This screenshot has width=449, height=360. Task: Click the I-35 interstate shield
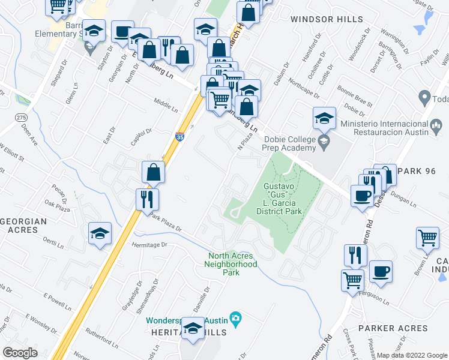tap(179, 137)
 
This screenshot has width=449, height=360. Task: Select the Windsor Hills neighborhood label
tap(320, 19)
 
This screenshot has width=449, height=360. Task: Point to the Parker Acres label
tap(393, 328)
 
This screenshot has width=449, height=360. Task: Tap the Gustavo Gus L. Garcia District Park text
tap(282, 199)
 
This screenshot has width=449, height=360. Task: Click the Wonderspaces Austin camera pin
tap(237, 317)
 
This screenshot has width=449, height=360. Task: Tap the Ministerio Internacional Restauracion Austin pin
tap(436, 125)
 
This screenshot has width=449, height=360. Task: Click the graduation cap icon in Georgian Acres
tap(100, 234)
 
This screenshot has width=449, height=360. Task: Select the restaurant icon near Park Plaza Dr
tap(147, 199)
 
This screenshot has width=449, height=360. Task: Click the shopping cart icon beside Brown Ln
tap(427, 238)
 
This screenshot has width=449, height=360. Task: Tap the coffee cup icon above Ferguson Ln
tap(381, 271)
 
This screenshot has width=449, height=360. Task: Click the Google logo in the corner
tap(20, 353)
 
